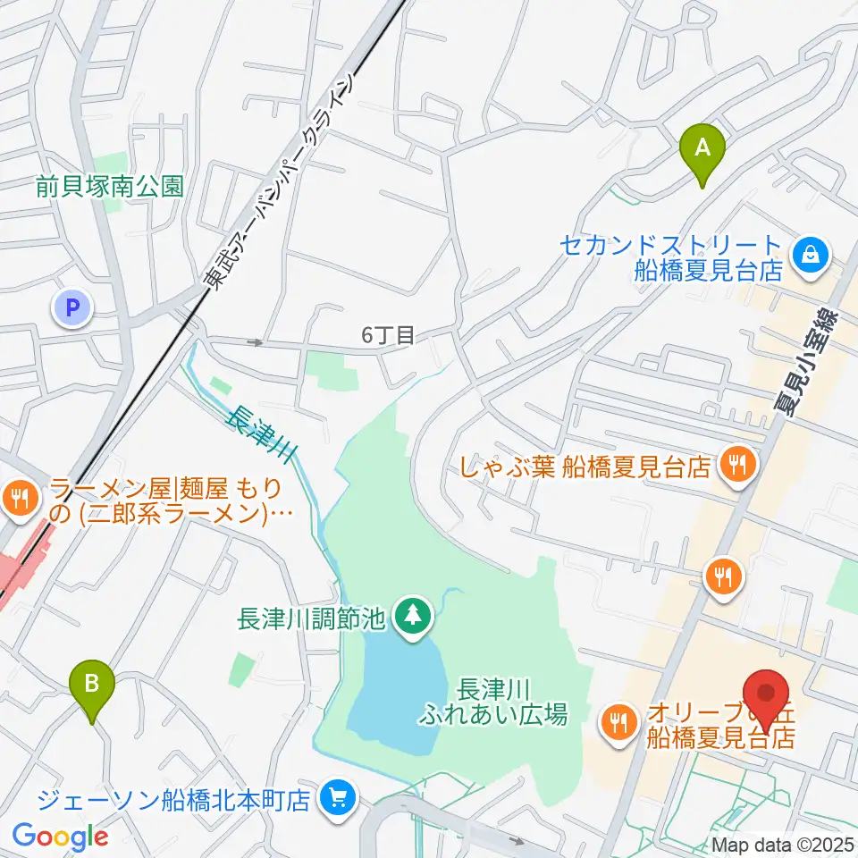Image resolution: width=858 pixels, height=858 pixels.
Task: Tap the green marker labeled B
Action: [92, 686]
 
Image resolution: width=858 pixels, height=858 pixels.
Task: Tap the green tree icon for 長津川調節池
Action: [413, 615]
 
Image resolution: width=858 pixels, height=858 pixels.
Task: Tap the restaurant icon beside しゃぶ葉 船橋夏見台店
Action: [737, 465]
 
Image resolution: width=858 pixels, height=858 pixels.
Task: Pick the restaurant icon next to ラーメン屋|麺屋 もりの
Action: [19, 497]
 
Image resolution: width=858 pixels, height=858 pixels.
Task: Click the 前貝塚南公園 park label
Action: [110, 187]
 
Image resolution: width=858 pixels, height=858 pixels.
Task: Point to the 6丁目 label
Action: [389, 335]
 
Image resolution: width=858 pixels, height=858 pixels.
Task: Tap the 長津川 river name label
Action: [258, 433]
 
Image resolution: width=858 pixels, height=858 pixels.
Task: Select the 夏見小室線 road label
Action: [805, 362]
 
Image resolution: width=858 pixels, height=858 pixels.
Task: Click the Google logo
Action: [60, 837]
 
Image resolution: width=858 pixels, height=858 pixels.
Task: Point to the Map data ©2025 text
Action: [783, 844]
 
